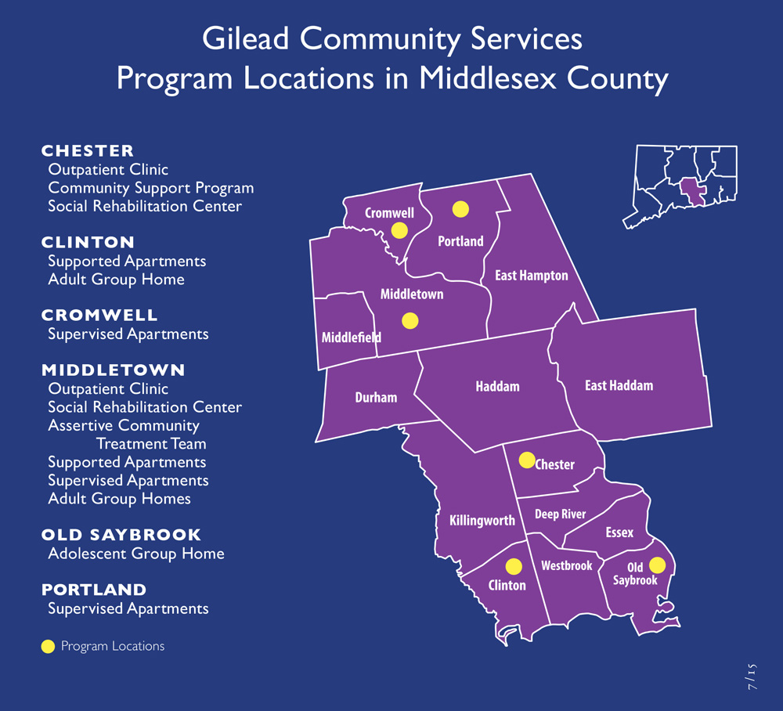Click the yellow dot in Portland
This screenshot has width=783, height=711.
[460, 208]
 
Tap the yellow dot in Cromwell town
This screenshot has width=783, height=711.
[399, 229]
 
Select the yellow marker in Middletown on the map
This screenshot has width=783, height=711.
[410, 320]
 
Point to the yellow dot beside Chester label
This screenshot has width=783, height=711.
[527, 459]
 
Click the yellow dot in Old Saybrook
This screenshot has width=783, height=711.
[657, 565]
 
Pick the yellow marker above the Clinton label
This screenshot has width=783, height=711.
[514, 565]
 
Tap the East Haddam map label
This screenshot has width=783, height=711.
[619, 385]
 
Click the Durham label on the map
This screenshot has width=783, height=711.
[376, 397]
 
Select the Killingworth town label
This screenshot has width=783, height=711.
[482, 520]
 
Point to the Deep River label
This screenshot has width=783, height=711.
[560, 514]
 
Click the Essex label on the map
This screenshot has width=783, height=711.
[619, 532]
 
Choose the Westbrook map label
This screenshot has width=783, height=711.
[566, 565]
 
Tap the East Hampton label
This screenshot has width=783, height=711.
[531, 276]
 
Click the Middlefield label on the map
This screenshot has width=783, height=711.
[351, 337]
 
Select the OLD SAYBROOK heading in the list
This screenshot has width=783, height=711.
[121, 535]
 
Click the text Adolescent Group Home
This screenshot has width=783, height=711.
[136, 554]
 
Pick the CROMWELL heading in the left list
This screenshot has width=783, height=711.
[99, 315]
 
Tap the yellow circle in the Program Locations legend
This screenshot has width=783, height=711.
[48, 647]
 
